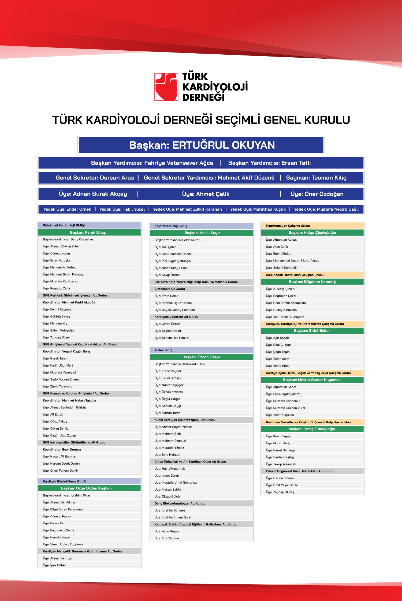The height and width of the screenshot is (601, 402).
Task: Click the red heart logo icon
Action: (x=166, y=87)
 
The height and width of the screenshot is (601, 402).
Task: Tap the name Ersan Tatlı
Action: (x=296, y=163)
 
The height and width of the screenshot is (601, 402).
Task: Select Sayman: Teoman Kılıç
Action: (x=316, y=178)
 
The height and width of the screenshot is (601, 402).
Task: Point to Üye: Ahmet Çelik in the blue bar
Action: (x=206, y=194)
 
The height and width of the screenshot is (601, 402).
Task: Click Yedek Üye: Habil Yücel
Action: (x=122, y=209)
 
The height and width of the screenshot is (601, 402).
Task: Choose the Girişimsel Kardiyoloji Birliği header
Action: (x=64, y=225)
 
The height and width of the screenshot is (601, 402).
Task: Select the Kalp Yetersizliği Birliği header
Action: (x=172, y=226)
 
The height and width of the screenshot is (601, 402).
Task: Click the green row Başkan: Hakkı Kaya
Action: (x=202, y=233)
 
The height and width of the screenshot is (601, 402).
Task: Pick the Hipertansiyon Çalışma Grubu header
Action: (x=288, y=226)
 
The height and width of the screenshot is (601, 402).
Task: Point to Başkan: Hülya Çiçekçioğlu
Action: (x=312, y=233)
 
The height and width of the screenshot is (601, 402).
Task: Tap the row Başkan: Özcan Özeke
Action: (x=201, y=357)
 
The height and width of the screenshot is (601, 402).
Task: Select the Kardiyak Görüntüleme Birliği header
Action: (x=65, y=481)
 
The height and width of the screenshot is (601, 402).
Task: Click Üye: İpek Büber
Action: (x=58, y=565)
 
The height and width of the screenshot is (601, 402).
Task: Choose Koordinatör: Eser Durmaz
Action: (x=62, y=449)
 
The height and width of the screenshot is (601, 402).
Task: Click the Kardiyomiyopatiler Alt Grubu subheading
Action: (x=176, y=317)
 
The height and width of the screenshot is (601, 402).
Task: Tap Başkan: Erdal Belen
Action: (x=312, y=331)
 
